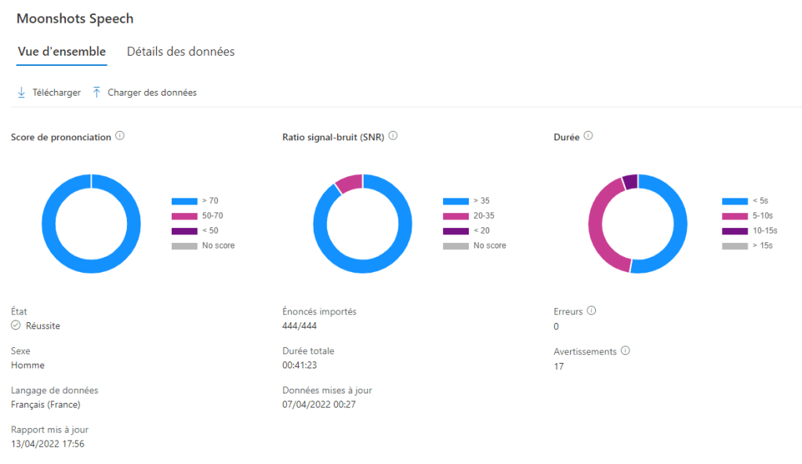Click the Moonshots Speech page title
pos(74,19)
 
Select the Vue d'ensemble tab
pos(62,52)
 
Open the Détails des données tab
pos(180,52)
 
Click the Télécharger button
pos(49,92)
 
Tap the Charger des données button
pos(144,92)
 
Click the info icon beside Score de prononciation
pos(120,136)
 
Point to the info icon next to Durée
pos(588,136)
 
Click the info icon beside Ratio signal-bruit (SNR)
pos(393,136)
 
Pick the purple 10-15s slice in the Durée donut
pos(630,181)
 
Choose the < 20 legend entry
pos(470,230)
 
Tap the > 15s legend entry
pos(749,245)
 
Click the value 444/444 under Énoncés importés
pos(299,325)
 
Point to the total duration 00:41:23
pos(300,365)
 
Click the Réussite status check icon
pos(16,325)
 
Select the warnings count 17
pos(558,366)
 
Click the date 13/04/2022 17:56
pos(48,444)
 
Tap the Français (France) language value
pos(45,404)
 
